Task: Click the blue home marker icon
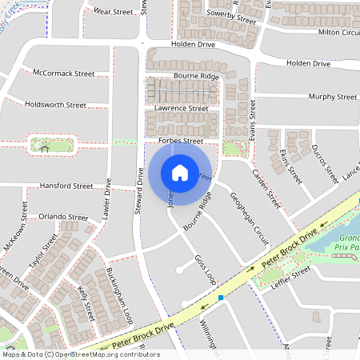pyautogui.click(x=180, y=172)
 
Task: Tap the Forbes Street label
pyautogui.click(x=181, y=141)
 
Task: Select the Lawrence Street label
pyautogui.click(x=182, y=108)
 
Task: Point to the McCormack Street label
pyautogui.click(x=64, y=73)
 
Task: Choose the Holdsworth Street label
pyautogui.click(x=55, y=105)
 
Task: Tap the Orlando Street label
pyautogui.click(x=63, y=217)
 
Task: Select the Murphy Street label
pyautogui.click(x=333, y=97)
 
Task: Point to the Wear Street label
pyautogui.click(x=113, y=12)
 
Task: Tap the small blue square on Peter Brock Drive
pyautogui.click(x=220, y=298)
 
